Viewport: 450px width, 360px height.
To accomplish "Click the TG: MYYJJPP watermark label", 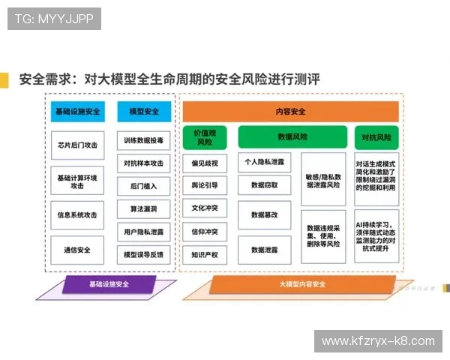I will click(x=54, y=18).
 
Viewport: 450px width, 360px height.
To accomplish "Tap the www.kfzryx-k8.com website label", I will click(x=378, y=340).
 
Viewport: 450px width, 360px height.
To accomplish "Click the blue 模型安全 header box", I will click(x=144, y=112).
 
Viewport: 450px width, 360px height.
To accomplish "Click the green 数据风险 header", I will click(x=292, y=137).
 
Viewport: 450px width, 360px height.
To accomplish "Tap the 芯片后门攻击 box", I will click(x=77, y=145).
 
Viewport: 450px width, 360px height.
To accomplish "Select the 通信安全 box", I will click(x=77, y=250).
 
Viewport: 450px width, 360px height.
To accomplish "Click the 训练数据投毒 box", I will click(x=144, y=140).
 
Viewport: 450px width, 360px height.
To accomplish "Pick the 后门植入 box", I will click(x=144, y=185).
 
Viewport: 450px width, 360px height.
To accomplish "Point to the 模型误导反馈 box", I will click(x=144, y=254).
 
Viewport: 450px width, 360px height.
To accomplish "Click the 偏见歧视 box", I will click(x=204, y=163).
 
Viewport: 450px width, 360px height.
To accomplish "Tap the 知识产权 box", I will click(x=204, y=255).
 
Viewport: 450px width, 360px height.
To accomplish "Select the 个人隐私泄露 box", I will click(x=264, y=161).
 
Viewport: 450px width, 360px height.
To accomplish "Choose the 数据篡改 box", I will click(x=264, y=214).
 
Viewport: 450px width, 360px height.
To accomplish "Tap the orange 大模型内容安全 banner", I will click(x=301, y=284).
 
